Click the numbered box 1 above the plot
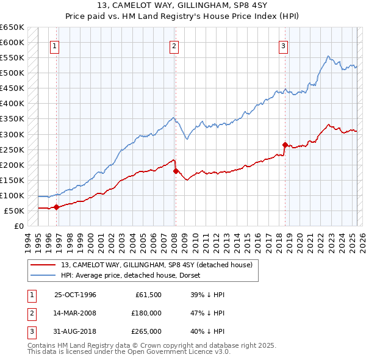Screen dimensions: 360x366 [x=55, y=45]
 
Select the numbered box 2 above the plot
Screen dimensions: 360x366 [x=174, y=45]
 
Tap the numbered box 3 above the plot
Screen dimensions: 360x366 [x=284, y=45]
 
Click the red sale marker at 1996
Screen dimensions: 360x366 [x=56, y=207]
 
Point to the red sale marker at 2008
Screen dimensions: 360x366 [x=176, y=171]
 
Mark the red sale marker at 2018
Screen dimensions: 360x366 [x=285, y=145]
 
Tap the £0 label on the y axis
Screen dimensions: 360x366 [x=19, y=226]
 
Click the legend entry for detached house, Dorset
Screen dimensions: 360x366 [x=134, y=275]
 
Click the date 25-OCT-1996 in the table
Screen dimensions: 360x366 [x=75, y=295]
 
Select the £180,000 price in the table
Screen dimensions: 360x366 [x=146, y=312]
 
